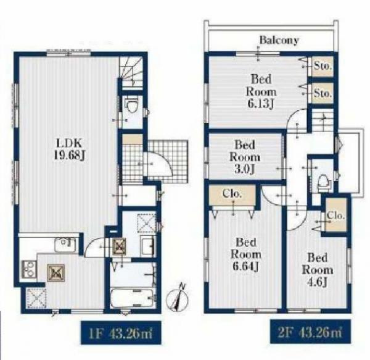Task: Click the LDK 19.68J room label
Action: [70, 149]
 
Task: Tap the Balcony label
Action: [279, 40]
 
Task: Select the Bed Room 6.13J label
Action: [261, 91]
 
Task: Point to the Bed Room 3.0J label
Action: [245, 157]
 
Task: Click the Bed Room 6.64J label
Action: [246, 254]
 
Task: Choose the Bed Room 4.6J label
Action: [318, 270]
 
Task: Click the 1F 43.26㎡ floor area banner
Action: [121, 333]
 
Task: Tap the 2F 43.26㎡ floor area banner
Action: [310, 332]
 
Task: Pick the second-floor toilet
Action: [324, 182]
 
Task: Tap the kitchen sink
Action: [66, 245]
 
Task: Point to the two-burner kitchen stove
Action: [29, 269]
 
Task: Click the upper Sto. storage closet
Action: [323, 66]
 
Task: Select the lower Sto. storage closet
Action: [323, 93]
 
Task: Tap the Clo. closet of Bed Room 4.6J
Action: [336, 215]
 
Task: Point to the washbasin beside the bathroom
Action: [148, 245]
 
